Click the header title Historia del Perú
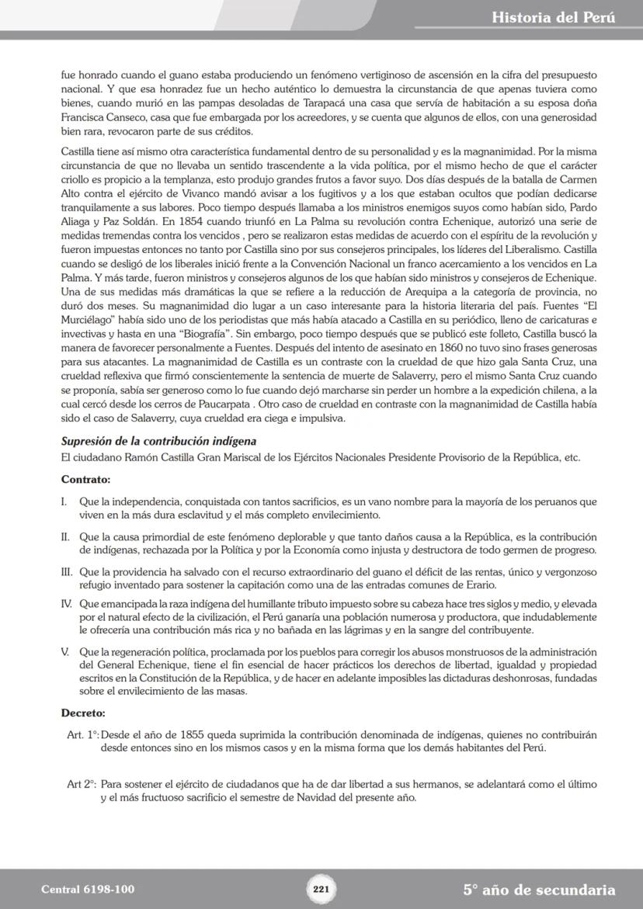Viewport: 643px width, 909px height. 553,17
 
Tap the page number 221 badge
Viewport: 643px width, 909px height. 321,889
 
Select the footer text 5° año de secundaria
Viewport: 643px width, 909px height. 539,890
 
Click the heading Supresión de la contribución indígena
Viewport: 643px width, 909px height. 158,442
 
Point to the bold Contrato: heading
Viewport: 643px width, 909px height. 85,480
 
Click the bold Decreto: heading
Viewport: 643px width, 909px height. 83,713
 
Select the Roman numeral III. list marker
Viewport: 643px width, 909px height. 67,572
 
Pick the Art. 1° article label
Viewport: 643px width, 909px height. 83,734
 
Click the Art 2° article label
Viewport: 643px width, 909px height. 82,785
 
